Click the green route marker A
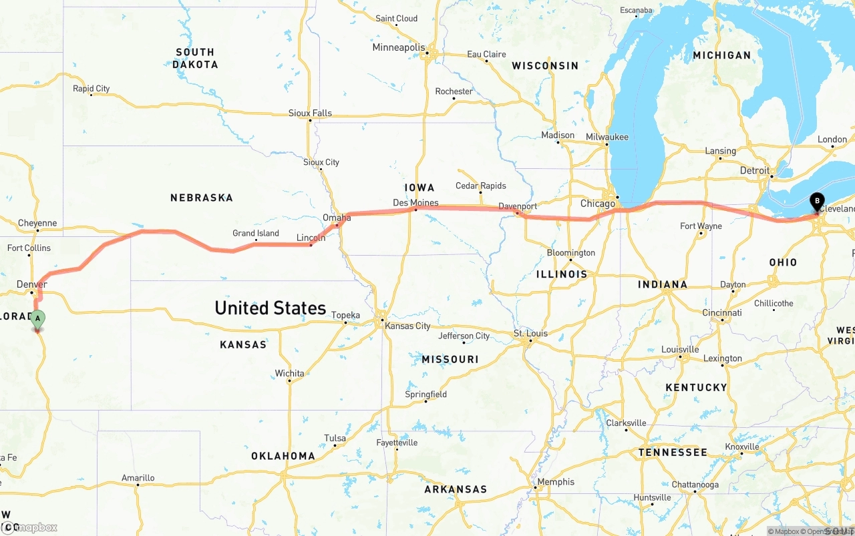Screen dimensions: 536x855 click(38, 318)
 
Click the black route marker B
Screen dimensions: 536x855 click(816, 200)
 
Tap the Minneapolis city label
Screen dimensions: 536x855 click(398, 47)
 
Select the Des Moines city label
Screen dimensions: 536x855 click(415, 202)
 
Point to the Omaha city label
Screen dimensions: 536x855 click(337, 218)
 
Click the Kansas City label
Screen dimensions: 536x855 click(407, 326)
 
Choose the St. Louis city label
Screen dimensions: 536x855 click(530, 333)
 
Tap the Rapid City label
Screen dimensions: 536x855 click(92, 88)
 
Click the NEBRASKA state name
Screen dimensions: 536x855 click(201, 198)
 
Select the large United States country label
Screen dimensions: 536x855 click(270, 308)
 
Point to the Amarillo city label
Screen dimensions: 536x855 click(138, 477)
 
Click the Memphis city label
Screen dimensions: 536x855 click(556, 481)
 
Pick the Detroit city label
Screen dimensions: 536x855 click(755, 170)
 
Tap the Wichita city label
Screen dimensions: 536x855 click(289, 373)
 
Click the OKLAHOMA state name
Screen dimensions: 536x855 click(283, 456)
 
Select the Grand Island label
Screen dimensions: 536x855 click(256, 233)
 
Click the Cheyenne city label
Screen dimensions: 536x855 click(37, 223)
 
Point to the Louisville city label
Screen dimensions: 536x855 click(680, 349)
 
